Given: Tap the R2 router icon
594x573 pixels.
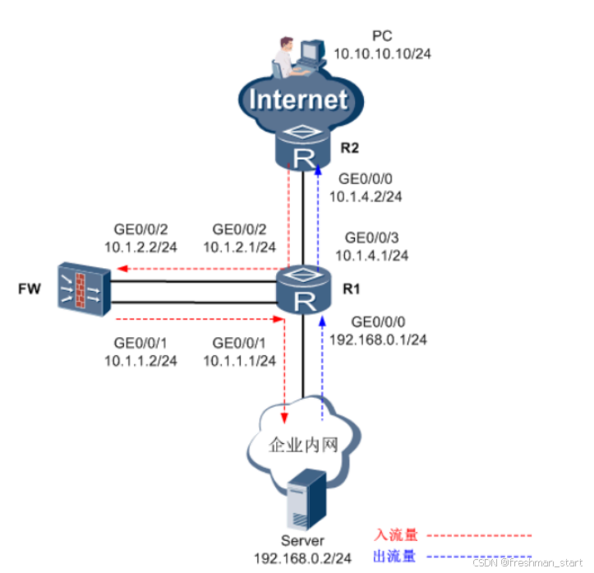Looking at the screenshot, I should [302, 149].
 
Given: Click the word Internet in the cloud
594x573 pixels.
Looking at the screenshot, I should [298, 99].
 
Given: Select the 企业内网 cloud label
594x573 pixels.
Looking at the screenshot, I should [303, 445].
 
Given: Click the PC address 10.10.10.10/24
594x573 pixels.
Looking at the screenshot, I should [384, 53].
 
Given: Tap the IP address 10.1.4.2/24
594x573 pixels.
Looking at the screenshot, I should [366, 196].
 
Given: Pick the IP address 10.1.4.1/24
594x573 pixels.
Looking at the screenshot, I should [376, 255].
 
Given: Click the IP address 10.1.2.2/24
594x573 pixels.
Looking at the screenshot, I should [141, 246].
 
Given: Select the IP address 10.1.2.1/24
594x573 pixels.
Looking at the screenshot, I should [240, 246].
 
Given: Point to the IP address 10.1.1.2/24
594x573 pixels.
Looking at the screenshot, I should [141, 359].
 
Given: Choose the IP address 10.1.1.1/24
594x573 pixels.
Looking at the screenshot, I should [240, 359].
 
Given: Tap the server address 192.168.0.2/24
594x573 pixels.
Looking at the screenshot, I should [303, 557].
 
